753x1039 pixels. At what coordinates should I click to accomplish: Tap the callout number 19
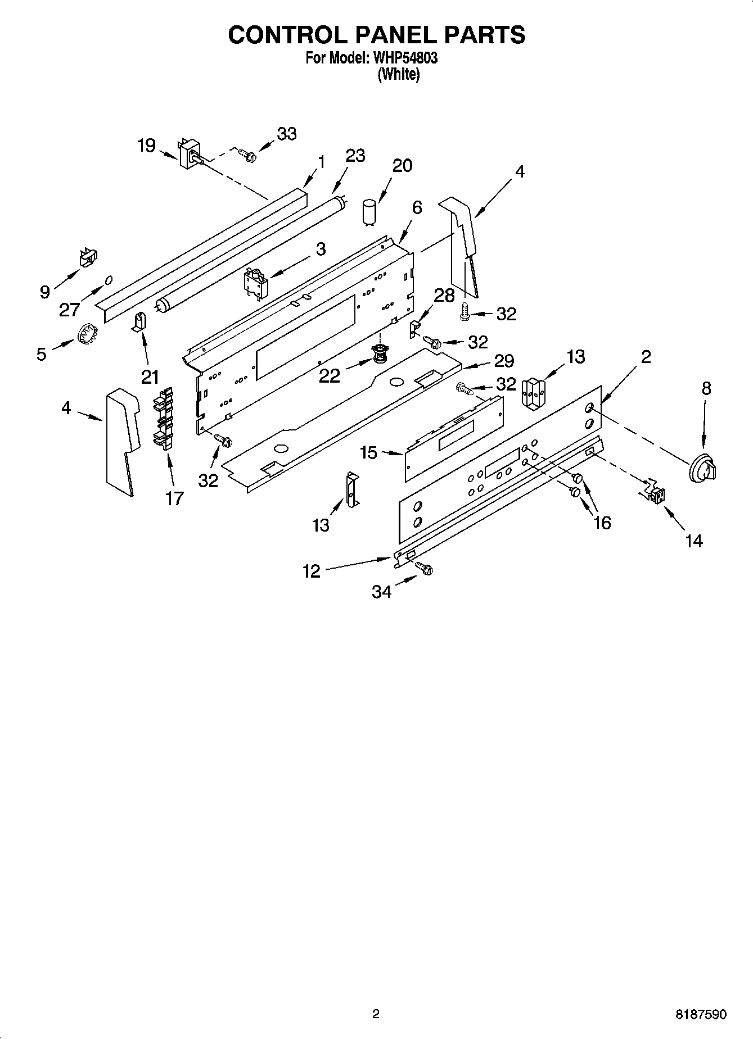(x=146, y=146)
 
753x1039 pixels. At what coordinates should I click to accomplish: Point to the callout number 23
(x=355, y=155)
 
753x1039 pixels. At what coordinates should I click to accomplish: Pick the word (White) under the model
(x=398, y=74)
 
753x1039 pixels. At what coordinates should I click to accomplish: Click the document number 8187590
(x=700, y=1014)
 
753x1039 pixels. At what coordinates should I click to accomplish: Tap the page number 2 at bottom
(x=376, y=1014)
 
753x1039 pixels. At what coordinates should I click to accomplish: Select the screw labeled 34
(x=424, y=569)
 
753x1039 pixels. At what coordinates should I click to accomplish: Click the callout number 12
(x=311, y=571)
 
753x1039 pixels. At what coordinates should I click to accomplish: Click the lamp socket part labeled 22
(x=381, y=355)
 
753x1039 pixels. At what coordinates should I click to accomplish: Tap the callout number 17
(x=174, y=497)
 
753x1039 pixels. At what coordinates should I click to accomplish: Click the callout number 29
(x=504, y=360)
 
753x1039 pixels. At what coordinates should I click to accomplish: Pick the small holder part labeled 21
(x=138, y=323)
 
